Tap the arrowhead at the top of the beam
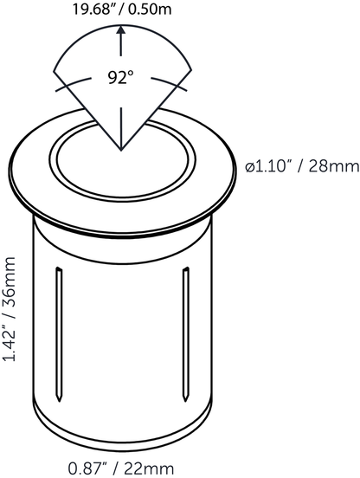(121, 29)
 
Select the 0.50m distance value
(150, 10)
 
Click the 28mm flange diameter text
(334, 167)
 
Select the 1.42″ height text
(9, 341)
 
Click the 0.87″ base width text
(88, 468)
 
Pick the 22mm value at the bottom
(149, 468)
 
